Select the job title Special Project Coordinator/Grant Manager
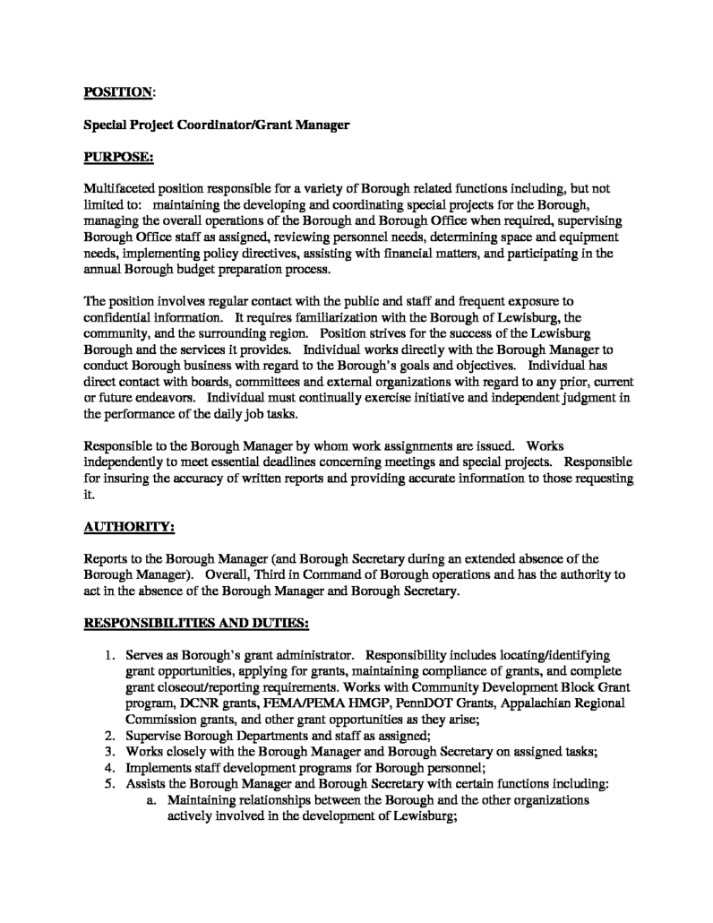tap(216, 125)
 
